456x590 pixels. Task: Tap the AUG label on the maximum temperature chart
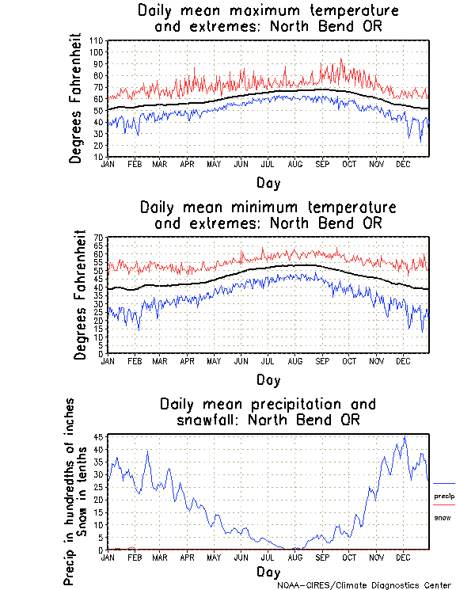point(294,164)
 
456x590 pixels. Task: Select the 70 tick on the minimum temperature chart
point(98,238)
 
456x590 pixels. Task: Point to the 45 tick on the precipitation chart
point(98,437)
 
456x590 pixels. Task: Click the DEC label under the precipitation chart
point(402,557)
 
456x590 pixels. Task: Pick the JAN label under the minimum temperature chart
point(108,361)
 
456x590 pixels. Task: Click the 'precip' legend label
point(444,496)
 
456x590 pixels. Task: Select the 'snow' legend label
point(442,517)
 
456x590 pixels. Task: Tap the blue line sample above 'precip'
point(444,483)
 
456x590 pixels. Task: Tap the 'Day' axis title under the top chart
point(268,182)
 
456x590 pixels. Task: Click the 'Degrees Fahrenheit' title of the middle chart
point(79,295)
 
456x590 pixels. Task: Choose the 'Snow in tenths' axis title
point(82,491)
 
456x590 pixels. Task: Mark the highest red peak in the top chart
point(342,58)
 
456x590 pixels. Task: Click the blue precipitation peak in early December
point(405,436)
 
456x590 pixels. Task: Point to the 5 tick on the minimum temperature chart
point(100,345)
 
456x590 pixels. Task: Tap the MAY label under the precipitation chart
point(214,557)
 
